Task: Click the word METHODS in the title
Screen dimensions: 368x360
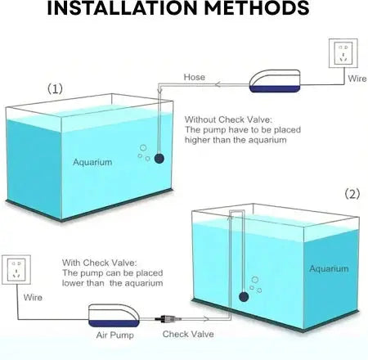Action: (x=257, y=7)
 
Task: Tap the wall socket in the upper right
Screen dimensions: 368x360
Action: (x=343, y=53)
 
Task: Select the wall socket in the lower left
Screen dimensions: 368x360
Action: (x=16, y=270)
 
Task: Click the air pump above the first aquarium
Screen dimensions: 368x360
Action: (x=275, y=81)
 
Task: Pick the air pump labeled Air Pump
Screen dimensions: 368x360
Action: (x=114, y=315)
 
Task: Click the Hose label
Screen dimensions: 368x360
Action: (x=195, y=77)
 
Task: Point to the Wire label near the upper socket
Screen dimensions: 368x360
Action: (x=357, y=79)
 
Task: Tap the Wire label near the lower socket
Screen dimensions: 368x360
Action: (x=33, y=297)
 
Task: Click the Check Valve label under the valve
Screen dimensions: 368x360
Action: (x=188, y=334)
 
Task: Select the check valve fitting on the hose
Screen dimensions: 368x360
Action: (x=168, y=318)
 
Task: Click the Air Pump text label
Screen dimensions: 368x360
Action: (x=115, y=335)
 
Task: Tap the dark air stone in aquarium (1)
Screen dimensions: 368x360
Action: (x=159, y=158)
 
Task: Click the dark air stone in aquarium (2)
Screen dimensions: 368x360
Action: (x=244, y=297)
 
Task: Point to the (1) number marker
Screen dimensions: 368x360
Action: (x=55, y=88)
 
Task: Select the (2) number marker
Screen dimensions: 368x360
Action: (x=352, y=194)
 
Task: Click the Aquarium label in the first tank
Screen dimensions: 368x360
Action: (x=92, y=162)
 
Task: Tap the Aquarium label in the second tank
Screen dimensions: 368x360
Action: (x=329, y=268)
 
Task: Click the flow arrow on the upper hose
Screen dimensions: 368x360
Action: (x=218, y=84)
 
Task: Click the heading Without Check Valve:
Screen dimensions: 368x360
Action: (x=228, y=119)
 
